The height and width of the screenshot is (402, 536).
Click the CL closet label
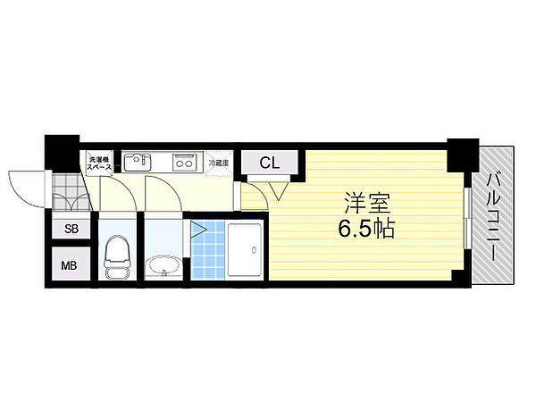(x=269, y=163)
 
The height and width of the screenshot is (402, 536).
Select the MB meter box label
(x=68, y=265)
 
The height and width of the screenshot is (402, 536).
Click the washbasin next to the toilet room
(x=163, y=265)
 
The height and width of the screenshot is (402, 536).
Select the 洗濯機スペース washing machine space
(x=98, y=163)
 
